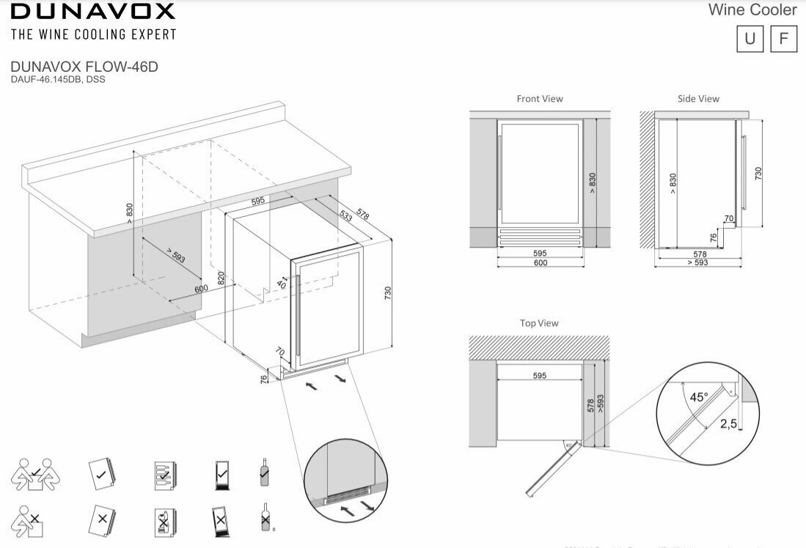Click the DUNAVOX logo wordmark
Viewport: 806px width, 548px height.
[x=92, y=11]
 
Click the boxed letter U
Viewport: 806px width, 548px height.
[x=750, y=39]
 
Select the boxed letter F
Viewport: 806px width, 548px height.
[x=783, y=39]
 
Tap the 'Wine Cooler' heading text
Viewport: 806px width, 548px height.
[x=752, y=10]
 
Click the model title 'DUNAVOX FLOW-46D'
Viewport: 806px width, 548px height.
[x=84, y=67]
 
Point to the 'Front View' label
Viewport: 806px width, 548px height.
[x=540, y=98]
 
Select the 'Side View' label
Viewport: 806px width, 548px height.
[x=698, y=98]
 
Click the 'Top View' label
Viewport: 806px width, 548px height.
[x=539, y=323]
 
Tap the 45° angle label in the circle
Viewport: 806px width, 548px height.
[x=699, y=396]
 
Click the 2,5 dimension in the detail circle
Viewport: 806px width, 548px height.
[x=728, y=423]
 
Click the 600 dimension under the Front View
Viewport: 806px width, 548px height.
[x=540, y=262]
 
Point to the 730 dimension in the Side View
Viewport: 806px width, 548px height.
[x=758, y=174]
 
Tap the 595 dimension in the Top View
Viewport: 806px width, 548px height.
[x=539, y=376]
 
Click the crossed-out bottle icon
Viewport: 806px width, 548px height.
[x=265, y=518]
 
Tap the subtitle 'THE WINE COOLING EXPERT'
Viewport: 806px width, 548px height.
[x=93, y=34]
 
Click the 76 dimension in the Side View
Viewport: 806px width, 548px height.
[x=714, y=237]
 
